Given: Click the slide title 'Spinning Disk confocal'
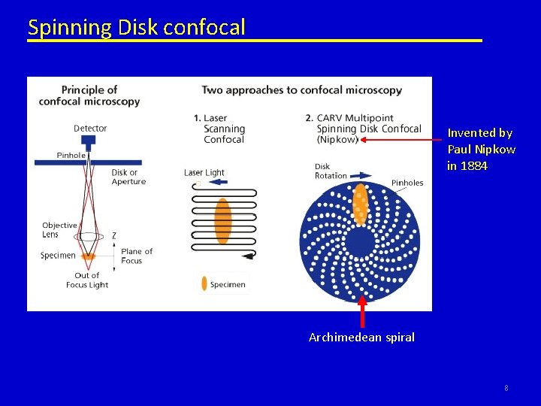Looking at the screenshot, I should (136, 28).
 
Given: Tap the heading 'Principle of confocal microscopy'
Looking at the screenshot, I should (89, 95).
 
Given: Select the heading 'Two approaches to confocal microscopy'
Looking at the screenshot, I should (301, 90).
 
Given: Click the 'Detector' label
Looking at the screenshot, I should (90, 129).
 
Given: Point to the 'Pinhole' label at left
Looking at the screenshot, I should (71, 156).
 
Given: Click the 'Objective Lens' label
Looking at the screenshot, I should (60, 230).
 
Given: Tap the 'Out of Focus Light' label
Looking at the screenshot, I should (87, 280).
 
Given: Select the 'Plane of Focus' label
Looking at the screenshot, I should (137, 256).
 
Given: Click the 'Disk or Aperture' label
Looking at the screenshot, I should (128, 177).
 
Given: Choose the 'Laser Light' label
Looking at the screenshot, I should (204, 173).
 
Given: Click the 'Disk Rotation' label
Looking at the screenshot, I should (331, 171).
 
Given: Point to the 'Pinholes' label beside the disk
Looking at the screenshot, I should (407, 183).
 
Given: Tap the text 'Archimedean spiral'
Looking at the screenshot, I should (361, 338).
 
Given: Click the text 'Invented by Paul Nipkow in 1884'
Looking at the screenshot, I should (481, 149).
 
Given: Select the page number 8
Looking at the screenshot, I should (506, 388).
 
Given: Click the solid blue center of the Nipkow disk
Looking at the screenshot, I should (360, 241).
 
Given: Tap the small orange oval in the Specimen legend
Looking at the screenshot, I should (204, 284).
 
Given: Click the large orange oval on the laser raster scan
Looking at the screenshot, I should (222, 221).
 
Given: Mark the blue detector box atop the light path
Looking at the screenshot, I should (89, 140).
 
